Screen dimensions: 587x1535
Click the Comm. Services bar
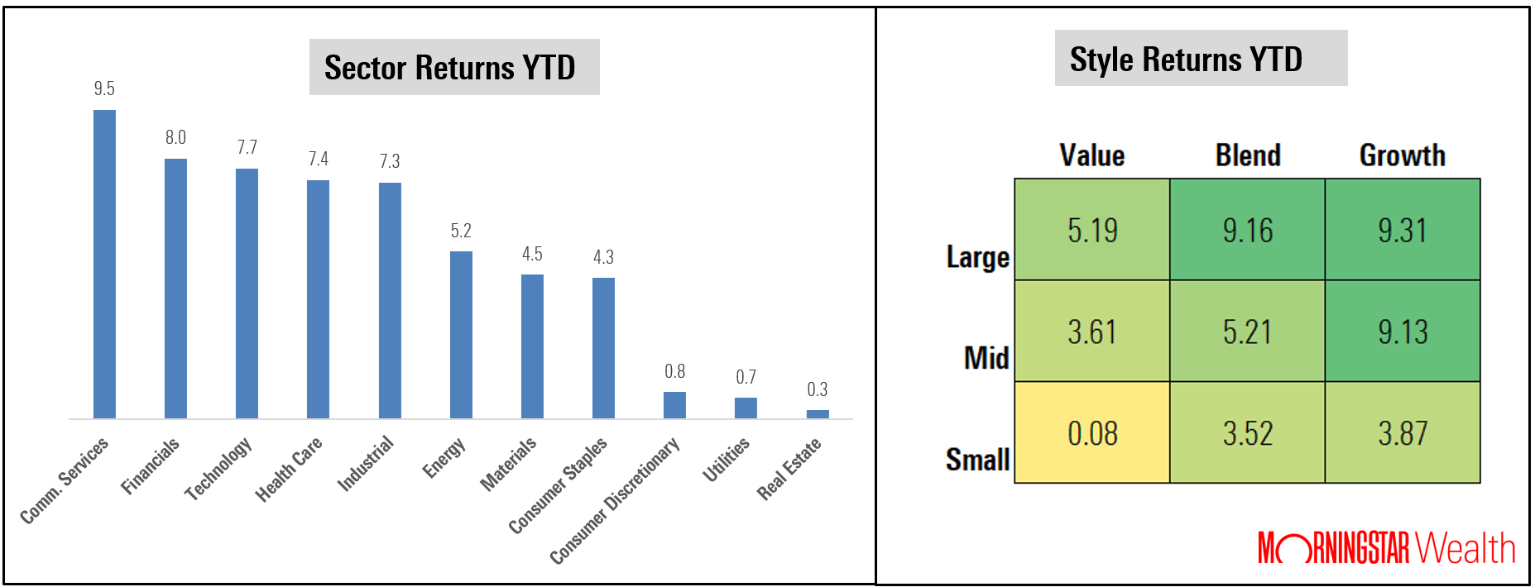pos(104,265)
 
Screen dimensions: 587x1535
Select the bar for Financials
pos(175,289)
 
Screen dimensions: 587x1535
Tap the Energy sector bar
pos(461,335)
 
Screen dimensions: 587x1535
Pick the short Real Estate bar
pos(818,414)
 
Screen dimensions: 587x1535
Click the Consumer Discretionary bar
pos(674,405)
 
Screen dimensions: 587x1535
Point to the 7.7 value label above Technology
pos(247,147)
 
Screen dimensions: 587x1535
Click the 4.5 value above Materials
pos(532,254)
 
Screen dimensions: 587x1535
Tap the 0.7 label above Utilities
pos(746,377)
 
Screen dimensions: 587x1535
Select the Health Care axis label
pos(289,469)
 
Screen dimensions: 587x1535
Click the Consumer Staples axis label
pos(558,484)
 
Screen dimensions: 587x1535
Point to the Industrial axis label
pos(366,464)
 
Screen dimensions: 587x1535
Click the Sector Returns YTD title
pos(450,68)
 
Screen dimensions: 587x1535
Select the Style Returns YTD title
pos(1186,60)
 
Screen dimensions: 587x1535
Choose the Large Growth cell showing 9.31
pos(1403,230)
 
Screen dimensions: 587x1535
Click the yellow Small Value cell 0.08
pos(1092,433)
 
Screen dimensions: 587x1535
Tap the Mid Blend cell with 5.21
pos(1247,332)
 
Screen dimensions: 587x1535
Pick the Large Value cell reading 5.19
pos(1092,230)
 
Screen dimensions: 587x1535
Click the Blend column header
pos(1248,155)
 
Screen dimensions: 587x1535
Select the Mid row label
pos(986,358)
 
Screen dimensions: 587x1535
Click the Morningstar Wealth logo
pos(1386,548)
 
